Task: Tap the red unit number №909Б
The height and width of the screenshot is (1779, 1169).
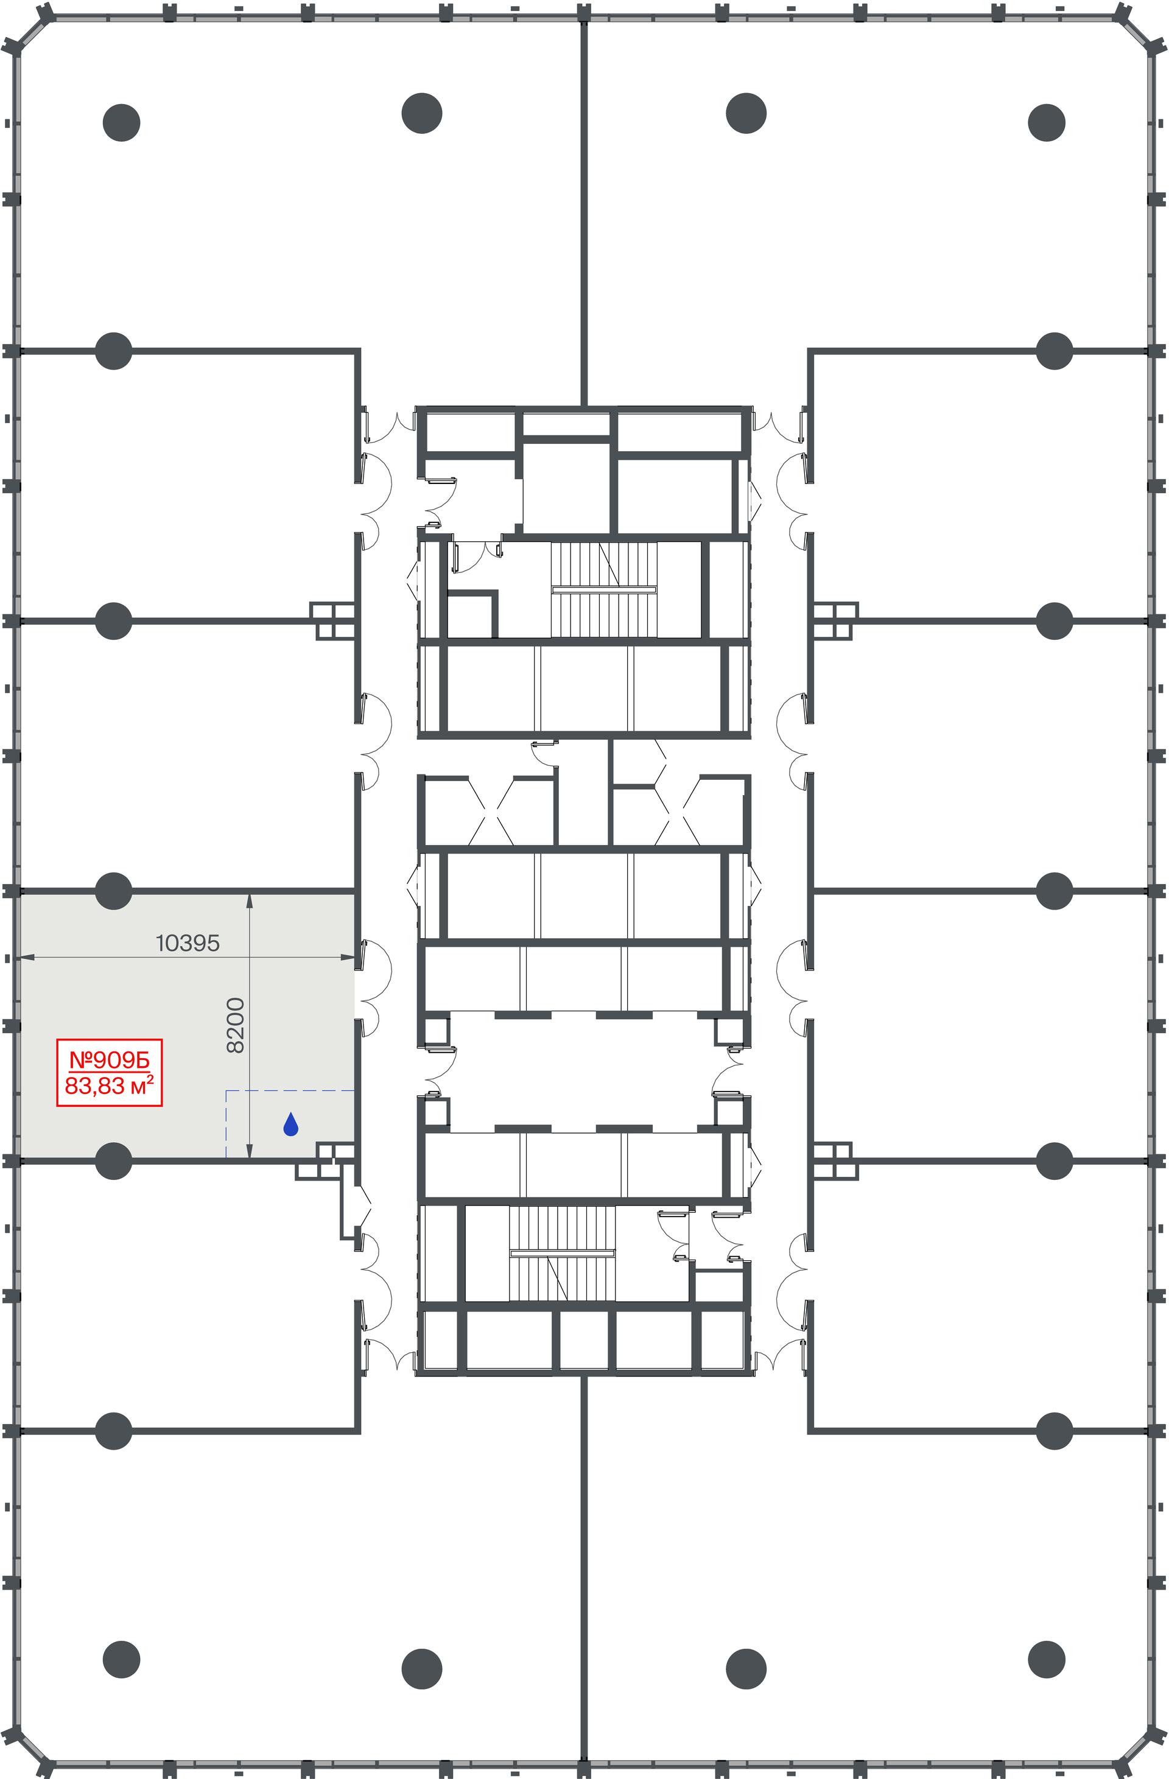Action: click(109, 1060)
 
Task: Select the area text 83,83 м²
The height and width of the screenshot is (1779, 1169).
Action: click(109, 1086)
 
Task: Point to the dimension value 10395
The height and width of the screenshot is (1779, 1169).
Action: click(188, 943)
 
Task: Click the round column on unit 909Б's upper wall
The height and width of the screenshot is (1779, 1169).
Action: click(114, 890)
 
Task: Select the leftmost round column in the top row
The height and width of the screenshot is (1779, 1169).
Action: click(121, 122)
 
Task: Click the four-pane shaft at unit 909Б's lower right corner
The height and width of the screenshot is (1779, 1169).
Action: click(335, 1151)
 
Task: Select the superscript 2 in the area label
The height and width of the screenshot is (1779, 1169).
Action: click(150, 1079)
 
